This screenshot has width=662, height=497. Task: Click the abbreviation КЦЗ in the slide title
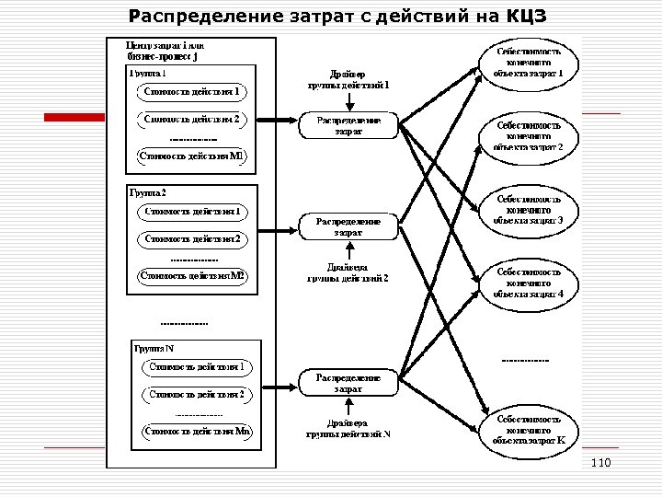pos(526,16)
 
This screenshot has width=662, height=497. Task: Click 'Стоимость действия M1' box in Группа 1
pos(190,156)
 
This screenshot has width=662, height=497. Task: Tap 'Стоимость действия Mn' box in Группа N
pos(198,430)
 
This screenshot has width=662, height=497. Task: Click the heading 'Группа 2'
pos(147,192)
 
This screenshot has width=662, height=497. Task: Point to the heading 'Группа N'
pos(154,348)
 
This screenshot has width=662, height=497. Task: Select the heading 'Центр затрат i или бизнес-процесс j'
pos(165,50)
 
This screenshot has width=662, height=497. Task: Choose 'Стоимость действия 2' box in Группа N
pos(198,394)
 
